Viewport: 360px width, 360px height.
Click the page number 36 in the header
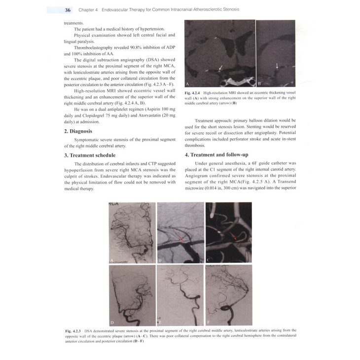coord(68,10)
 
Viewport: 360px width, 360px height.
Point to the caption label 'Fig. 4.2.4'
coord(194,92)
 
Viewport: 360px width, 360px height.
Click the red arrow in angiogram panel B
coord(182,238)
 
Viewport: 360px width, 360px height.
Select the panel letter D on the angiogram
coord(112,323)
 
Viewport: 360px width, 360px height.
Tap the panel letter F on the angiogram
coord(209,323)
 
